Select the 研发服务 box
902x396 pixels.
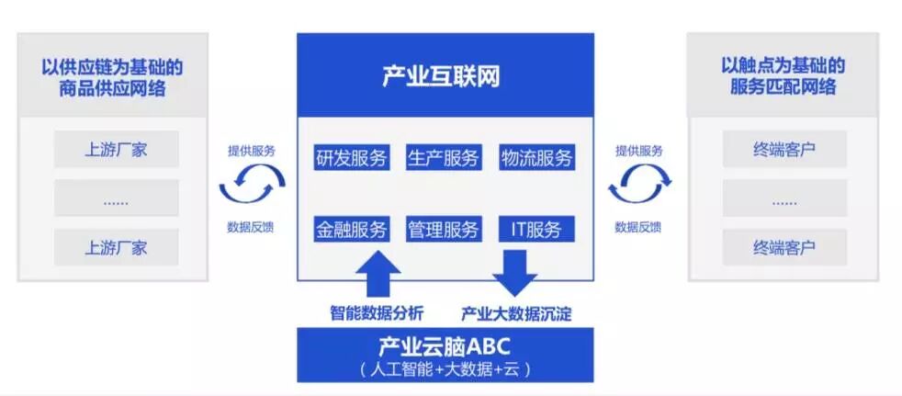(351, 157)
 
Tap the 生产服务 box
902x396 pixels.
(444, 157)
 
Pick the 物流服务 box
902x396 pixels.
(537, 157)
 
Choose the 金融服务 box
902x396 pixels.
(351, 229)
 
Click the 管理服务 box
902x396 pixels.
(444, 229)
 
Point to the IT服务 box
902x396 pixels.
(536, 229)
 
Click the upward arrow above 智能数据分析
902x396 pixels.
(377, 272)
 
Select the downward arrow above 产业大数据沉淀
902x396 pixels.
(514, 272)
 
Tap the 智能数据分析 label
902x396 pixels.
(377, 313)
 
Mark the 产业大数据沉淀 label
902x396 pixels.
(516, 313)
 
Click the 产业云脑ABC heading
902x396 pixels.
(445, 346)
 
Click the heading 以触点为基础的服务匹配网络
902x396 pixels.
(783, 77)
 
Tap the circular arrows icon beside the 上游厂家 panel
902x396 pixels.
(252, 187)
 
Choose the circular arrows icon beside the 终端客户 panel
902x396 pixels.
(637, 187)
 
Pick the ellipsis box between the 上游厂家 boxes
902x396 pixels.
(116, 198)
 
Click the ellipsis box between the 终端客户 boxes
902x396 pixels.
(784, 198)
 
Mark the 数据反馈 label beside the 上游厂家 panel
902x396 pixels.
(251, 227)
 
